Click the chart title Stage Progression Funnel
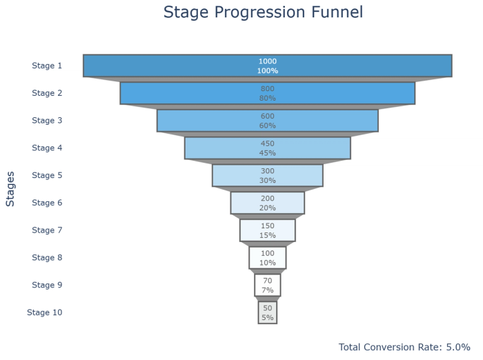pyautogui.click(x=263, y=12)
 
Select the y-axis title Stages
pyautogui.click(x=10, y=189)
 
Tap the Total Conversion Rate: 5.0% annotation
pyautogui.click(x=404, y=347)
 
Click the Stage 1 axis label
pyautogui.click(x=47, y=66)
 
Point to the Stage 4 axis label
pyautogui.click(x=47, y=148)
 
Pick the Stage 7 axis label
pyautogui.click(x=47, y=230)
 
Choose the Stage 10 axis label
pyautogui.click(x=45, y=312)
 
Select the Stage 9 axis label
pyautogui.click(x=47, y=285)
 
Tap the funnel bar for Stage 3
pyautogui.click(x=207, y=121)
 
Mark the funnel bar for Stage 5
pyautogui.click(x=235, y=175)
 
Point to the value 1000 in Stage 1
pyautogui.click(x=268, y=61)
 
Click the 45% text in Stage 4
pyautogui.click(x=268, y=153)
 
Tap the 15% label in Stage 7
pyautogui.click(x=268, y=235)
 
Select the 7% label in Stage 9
pyautogui.click(x=268, y=290)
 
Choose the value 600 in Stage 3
pyautogui.click(x=268, y=116)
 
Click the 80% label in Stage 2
pyautogui.click(x=268, y=98)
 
